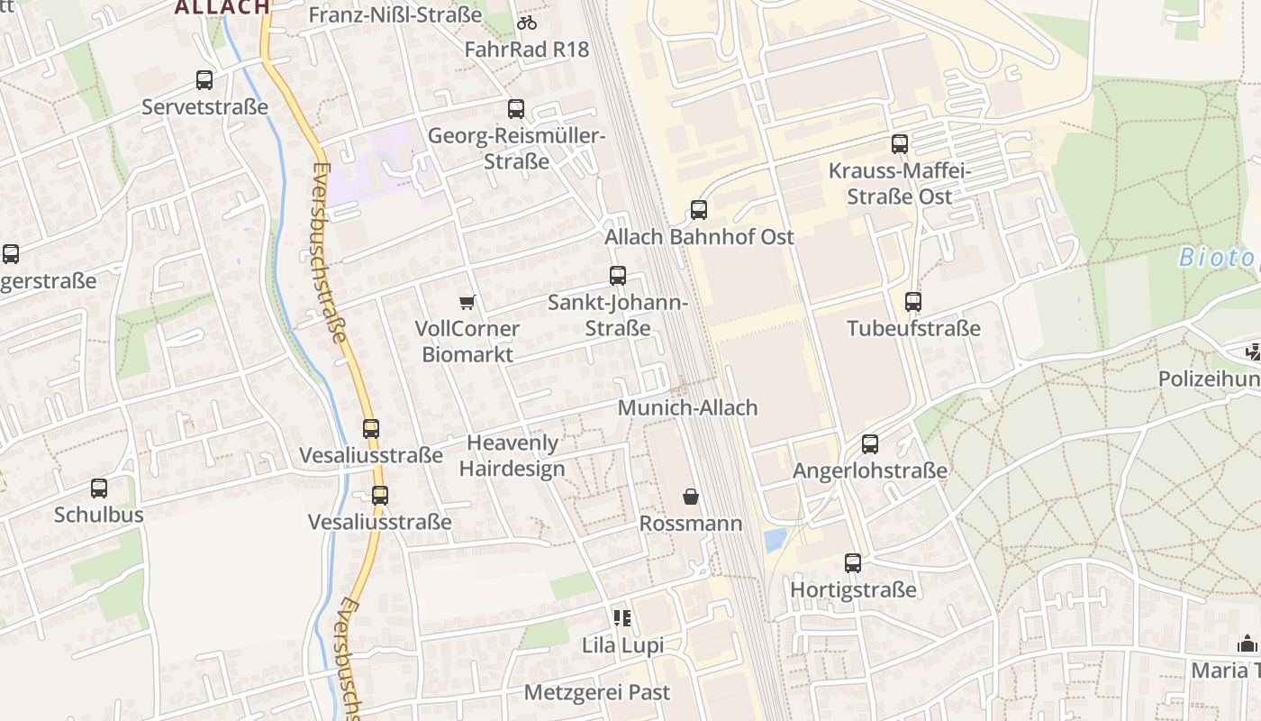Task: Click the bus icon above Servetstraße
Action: (204, 80)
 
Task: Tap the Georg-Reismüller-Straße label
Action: (516, 149)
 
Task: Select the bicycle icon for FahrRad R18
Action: (527, 23)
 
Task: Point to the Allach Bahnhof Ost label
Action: (699, 237)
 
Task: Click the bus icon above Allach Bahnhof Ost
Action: (698, 210)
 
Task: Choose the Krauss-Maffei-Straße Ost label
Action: (899, 183)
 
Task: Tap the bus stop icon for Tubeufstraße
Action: (913, 302)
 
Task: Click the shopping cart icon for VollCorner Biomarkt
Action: (467, 302)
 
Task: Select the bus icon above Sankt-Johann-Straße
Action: (617, 276)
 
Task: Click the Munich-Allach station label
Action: (687, 407)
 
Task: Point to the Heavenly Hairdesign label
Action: (513, 455)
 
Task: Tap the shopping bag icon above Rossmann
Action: (691, 497)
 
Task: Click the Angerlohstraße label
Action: (869, 470)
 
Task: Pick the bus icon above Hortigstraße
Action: (853, 563)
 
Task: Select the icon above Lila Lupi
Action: (622, 618)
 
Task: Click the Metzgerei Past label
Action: (597, 692)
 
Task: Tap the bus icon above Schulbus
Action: (99, 488)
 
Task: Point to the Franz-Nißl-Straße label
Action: (395, 15)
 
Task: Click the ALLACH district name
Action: (222, 7)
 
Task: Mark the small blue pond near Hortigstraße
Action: (774, 540)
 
